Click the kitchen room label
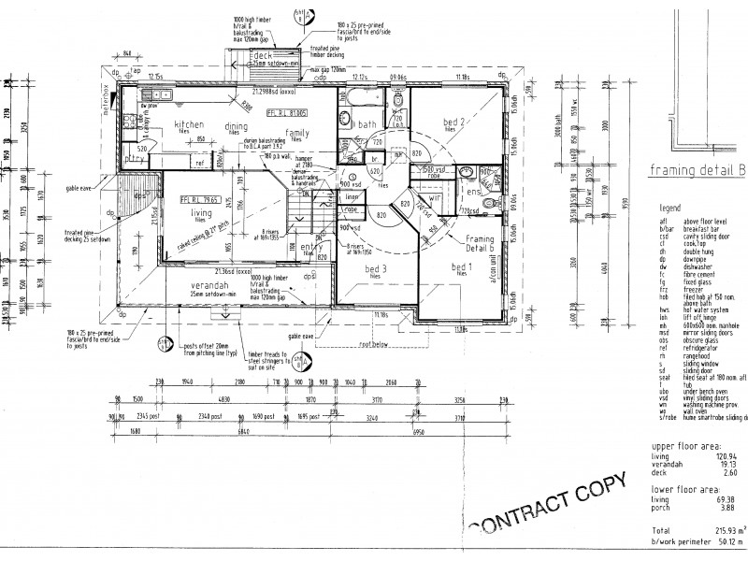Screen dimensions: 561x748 (188, 124)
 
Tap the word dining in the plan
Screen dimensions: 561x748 (236, 126)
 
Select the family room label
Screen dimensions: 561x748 (297, 133)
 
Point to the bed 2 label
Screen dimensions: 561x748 (455, 123)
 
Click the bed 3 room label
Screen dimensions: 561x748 (376, 269)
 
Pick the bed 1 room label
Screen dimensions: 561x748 (461, 267)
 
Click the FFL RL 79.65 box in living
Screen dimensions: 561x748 (198, 199)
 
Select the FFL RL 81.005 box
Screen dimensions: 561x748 (288, 112)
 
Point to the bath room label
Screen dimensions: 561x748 (367, 124)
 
